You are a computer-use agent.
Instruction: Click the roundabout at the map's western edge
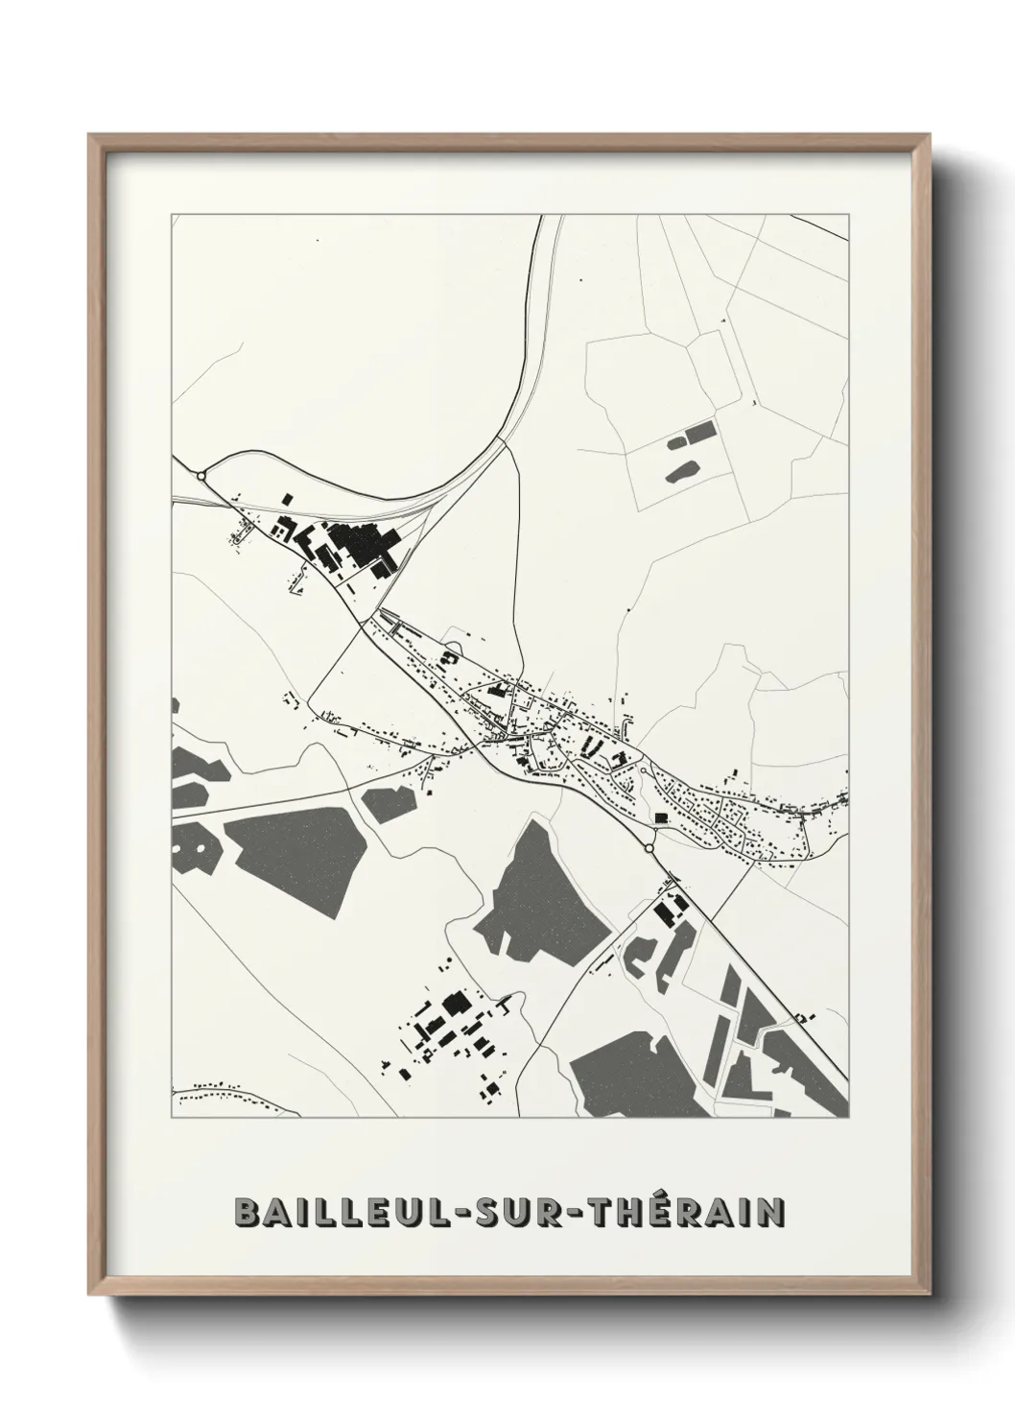pos(201,475)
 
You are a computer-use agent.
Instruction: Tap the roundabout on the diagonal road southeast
pos(649,849)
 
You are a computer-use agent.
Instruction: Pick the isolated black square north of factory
pos(286,498)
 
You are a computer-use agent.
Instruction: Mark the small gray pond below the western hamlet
pos(389,802)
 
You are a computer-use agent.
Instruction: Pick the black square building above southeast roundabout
pos(660,817)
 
